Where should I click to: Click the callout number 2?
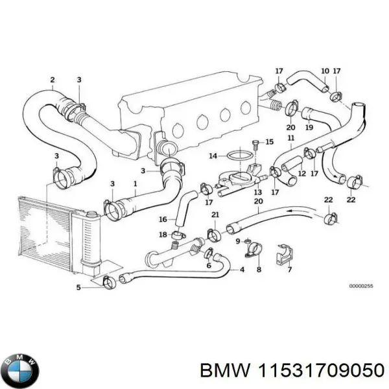(52, 80)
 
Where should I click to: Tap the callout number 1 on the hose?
(135, 183)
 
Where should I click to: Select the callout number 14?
(213, 156)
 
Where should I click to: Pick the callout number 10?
(325, 71)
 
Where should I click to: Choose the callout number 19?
(310, 128)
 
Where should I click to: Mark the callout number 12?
(300, 173)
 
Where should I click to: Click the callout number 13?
(257, 192)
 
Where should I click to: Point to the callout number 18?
(163, 234)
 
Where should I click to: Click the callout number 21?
(215, 215)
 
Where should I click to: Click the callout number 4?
(242, 270)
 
